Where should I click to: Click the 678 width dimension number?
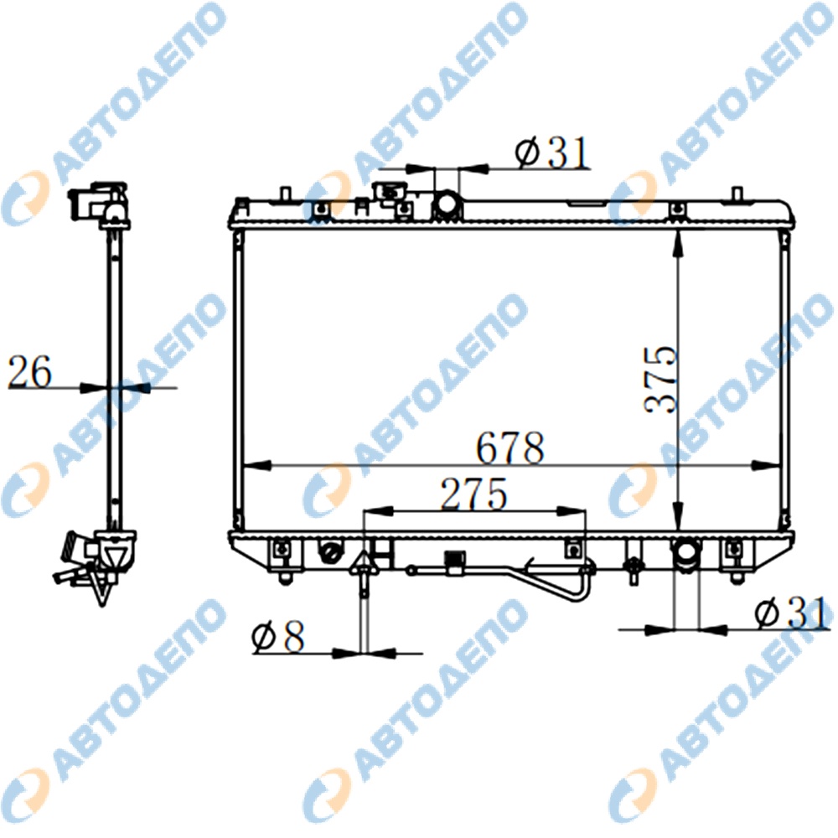[510, 447]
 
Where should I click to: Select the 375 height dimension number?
[660, 380]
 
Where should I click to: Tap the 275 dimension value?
[473, 494]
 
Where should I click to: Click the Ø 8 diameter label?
[278, 636]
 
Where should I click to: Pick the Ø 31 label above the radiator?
[552, 153]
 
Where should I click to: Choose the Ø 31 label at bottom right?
[793, 613]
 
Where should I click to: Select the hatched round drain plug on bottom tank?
[331, 552]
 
